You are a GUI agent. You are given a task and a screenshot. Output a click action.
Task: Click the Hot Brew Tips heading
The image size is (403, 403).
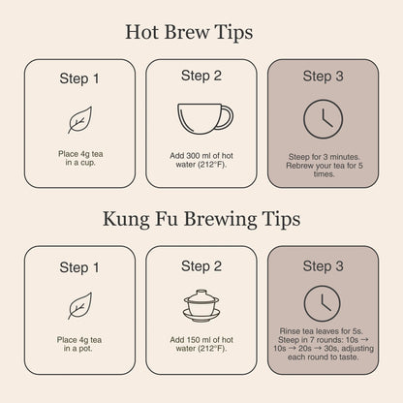(189, 33)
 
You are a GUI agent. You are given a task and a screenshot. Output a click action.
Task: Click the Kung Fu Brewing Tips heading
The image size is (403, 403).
(201, 220)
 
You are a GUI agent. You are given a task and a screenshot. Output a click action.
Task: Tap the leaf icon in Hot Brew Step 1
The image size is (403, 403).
(79, 120)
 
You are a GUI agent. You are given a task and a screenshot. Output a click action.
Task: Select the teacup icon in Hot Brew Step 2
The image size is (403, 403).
(205, 119)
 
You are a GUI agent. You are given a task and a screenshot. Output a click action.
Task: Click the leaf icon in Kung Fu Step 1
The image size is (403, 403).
(79, 306)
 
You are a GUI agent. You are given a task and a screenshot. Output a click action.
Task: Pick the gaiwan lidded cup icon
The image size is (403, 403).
(201, 305)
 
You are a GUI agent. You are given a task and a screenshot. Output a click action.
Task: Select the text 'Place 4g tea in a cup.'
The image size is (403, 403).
(80, 158)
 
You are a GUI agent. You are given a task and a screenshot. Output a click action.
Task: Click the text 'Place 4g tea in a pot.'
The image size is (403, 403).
(79, 344)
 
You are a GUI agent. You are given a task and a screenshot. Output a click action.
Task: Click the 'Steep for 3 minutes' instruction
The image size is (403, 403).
(324, 157)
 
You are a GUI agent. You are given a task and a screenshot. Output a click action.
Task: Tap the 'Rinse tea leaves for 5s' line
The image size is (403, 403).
(322, 331)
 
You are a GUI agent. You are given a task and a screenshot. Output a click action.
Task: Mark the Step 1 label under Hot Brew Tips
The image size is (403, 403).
(79, 78)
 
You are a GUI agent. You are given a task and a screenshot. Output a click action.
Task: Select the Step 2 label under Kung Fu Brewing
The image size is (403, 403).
(201, 266)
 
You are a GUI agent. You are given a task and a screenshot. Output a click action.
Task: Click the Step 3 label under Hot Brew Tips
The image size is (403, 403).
(323, 77)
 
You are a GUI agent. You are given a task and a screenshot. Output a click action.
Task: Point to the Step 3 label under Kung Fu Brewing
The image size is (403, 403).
(323, 266)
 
